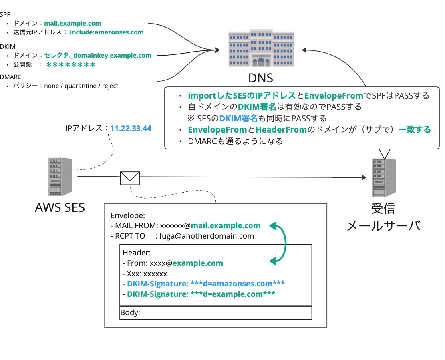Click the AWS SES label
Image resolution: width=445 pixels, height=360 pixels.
coord(60,207)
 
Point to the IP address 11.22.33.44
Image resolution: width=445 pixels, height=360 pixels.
coord(131,129)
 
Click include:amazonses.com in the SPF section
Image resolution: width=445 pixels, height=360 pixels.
coord(107,32)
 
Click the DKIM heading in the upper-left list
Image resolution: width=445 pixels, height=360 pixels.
coord(7,47)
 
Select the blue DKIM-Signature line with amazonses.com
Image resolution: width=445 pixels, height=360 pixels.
coord(206,284)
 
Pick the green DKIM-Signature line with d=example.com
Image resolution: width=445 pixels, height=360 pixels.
coord(201,294)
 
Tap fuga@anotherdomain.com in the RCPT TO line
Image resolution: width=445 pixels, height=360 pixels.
coord(207,236)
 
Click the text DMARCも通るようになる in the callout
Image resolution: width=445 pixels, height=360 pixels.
coord(236,141)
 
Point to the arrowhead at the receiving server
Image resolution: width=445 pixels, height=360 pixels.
coord(364,177)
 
